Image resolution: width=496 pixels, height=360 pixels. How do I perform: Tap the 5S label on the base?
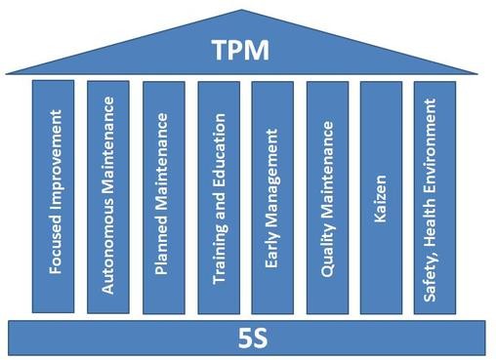(x=253, y=340)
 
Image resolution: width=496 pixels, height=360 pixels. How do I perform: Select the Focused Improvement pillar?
(x=54, y=196)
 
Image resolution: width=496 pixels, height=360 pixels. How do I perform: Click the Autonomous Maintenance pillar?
(x=108, y=196)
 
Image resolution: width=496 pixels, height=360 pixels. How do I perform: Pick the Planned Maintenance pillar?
(x=163, y=196)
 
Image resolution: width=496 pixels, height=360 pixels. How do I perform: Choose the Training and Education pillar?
(x=218, y=196)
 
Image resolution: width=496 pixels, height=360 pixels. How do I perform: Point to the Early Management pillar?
(x=272, y=196)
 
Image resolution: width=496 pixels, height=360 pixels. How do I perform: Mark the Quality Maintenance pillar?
(x=327, y=196)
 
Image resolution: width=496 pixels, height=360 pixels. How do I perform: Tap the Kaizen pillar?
(x=382, y=196)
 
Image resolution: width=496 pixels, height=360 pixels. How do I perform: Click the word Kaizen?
(x=382, y=198)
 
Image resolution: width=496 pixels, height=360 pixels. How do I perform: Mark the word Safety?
(x=431, y=275)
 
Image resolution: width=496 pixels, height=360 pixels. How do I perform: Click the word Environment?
(x=431, y=141)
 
